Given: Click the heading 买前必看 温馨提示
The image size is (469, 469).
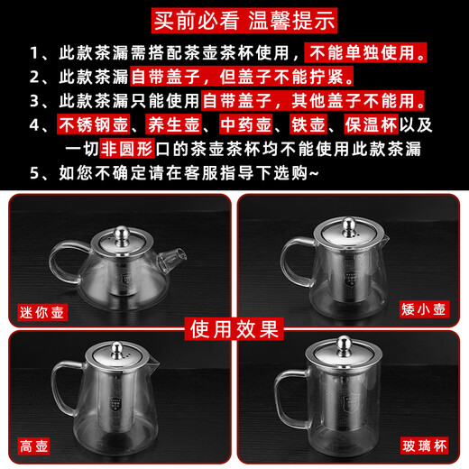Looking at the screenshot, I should tap(234, 16).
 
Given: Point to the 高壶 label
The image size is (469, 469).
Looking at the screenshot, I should tap(36, 446).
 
